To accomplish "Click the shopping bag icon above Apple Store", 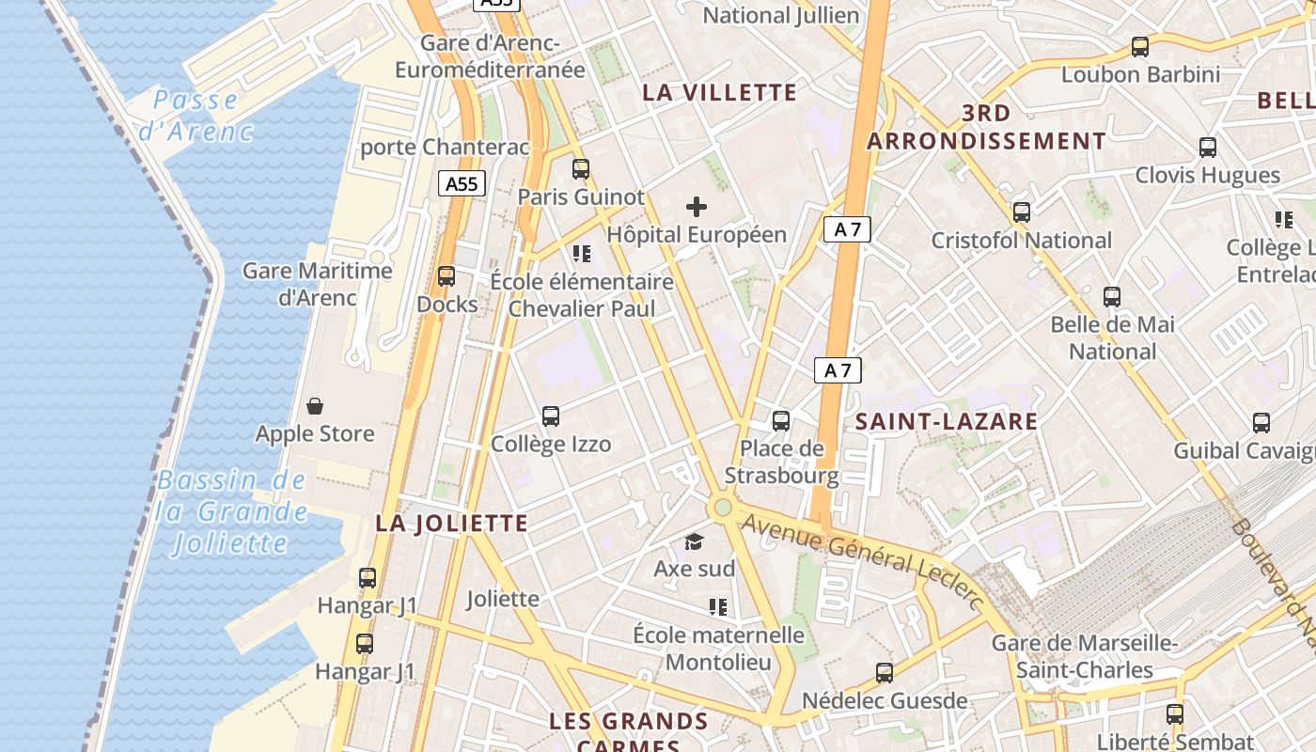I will click(315, 406).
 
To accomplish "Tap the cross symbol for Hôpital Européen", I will click(697, 207).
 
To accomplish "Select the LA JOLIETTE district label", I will click(451, 524).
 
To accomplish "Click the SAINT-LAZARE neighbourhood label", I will click(947, 421).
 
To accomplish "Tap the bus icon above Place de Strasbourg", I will click(781, 420).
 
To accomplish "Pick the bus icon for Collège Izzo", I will click(551, 415).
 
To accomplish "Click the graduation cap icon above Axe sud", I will click(694, 541).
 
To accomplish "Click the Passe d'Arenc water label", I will click(196, 115).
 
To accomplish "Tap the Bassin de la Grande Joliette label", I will click(231, 511).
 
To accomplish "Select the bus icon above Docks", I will click(446, 276).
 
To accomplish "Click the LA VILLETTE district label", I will click(719, 92).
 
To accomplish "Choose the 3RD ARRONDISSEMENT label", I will click(986, 127).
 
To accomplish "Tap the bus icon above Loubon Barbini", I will click(1140, 46).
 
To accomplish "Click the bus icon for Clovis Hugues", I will click(1208, 148).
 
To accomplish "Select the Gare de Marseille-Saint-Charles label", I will click(1085, 656).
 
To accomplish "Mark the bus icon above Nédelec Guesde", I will click(885, 672).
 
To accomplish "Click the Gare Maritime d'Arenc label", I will click(318, 284).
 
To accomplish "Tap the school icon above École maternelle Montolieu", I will click(719, 607).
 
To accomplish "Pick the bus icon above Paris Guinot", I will click(581, 169).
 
